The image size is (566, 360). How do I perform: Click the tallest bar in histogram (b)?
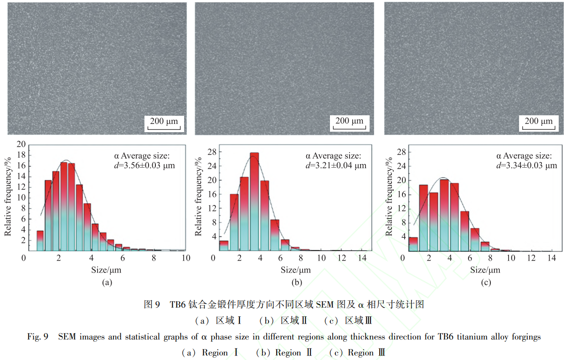coord(254,201)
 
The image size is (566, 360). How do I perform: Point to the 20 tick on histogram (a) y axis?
coord(21,144)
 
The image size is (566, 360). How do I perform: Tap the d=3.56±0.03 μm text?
coord(144,165)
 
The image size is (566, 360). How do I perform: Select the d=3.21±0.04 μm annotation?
coord(336,165)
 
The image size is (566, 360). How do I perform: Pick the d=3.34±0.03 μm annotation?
coord(526,165)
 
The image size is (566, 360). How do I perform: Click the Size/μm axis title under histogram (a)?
coord(106,270)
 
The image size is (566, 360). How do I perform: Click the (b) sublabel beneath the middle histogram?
coord(297,283)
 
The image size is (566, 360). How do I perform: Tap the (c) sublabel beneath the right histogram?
coord(486,283)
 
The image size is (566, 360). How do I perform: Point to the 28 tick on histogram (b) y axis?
coord(211,152)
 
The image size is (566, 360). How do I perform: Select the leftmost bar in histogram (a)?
coord(40,241)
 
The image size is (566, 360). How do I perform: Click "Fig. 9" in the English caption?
coord(38,337)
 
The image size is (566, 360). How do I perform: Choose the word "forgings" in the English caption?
coord(525,337)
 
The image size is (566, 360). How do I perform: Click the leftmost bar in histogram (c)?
coord(413,244)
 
